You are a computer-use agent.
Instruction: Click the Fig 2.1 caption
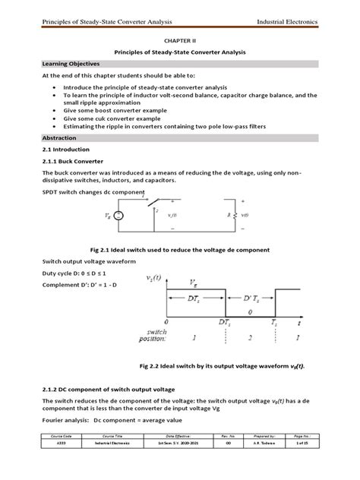click(180, 249)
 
